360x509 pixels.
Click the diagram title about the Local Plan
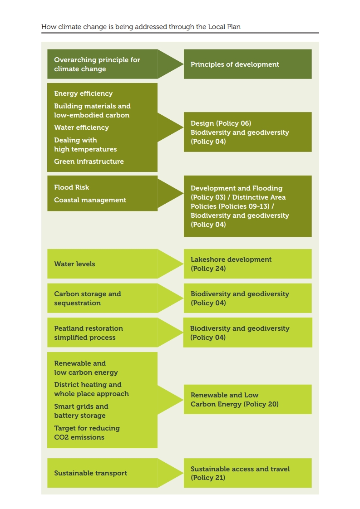(x=141, y=27)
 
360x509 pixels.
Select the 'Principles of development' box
(x=247, y=64)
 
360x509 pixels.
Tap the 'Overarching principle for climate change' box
(x=102, y=64)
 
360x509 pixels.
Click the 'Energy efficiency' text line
(x=83, y=93)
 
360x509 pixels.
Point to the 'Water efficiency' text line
(x=81, y=127)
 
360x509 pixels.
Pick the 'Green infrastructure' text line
(x=89, y=162)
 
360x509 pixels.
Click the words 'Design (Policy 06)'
(x=221, y=123)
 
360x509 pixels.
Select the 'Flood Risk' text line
(x=71, y=187)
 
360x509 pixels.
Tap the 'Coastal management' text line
(x=90, y=200)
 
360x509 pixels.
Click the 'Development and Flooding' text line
(x=237, y=188)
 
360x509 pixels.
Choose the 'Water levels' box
(x=102, y=264)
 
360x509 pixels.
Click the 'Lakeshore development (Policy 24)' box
(x=247, y=264)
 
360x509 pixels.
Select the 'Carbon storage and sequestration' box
(x=102, y=298)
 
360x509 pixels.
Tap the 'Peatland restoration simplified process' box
(x=102, y=333)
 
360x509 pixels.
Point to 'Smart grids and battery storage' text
(x=81, y=411)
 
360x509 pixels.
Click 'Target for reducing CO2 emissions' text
(x=87, y=433)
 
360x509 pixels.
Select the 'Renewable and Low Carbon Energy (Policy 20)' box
(x=247, y=399)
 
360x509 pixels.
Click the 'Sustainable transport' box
(x=102, y=473)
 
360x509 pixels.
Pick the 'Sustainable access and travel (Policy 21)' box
(x=247, y=473)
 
